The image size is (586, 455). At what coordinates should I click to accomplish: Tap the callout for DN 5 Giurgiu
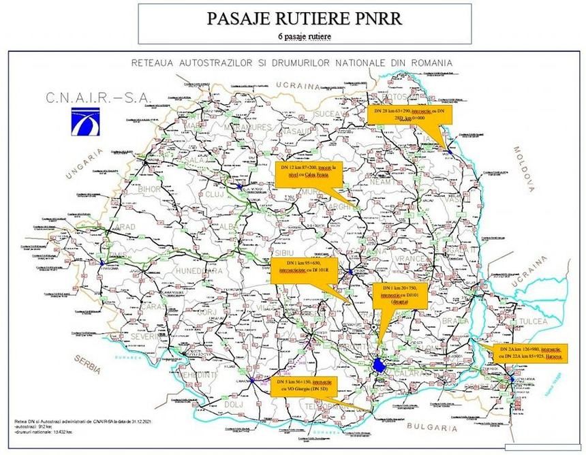pos(304,386)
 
